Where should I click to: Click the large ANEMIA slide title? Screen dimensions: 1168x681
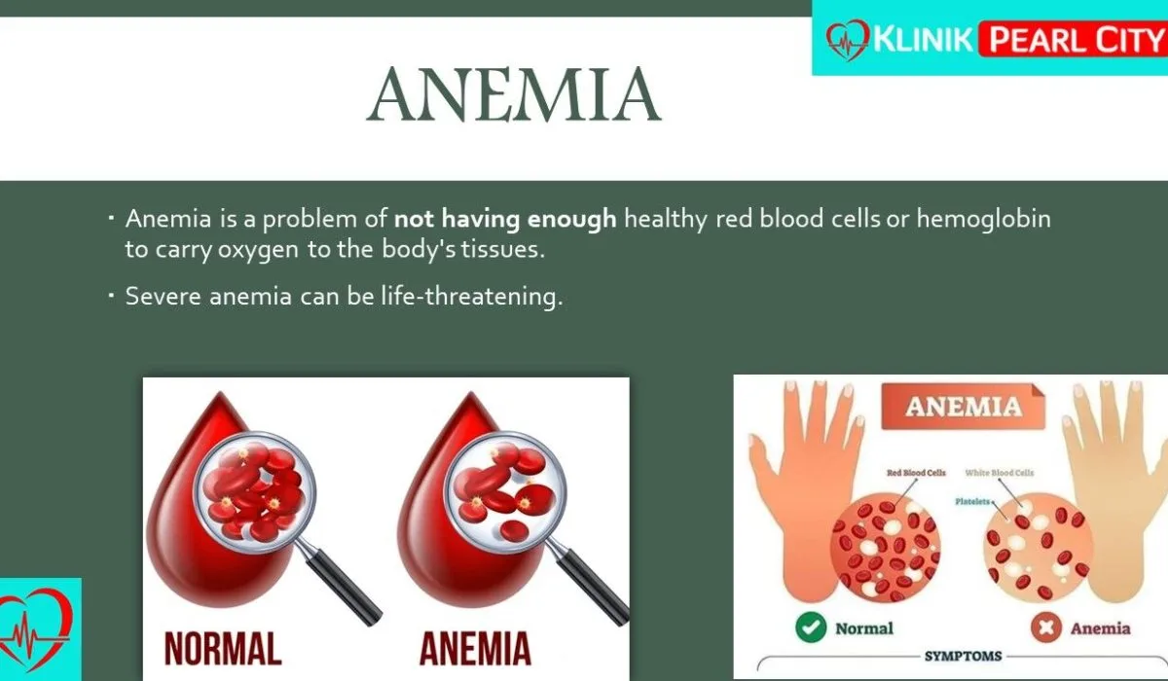click(x=514, y=94)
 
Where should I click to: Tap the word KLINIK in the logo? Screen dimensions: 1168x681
click(x=923, y=39)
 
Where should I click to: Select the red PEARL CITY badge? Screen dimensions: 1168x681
click(x=1073, y=39)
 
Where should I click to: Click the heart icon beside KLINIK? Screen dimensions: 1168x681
click(x=848, y=40)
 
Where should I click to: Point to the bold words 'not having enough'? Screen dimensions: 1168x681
click(x=505, y=218)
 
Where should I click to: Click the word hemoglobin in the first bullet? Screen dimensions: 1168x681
click(x=983, y=219)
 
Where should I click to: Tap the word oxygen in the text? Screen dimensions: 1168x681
click(x=258, y=251)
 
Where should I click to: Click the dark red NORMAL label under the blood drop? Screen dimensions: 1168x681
click(x=223, y=649)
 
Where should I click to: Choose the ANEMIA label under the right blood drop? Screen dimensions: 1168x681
click(x=475, y=649)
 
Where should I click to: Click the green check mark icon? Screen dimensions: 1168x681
click(x=811, y=627)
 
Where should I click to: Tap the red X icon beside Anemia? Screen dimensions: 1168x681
click(x=1046, y=627)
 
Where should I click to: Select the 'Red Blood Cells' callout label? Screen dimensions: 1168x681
click(x=916, y=473)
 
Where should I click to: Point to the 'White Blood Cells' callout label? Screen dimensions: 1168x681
click(x=999, y=473)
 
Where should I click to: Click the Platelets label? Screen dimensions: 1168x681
click(x=972, y=501)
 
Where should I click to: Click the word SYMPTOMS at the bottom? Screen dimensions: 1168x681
click(x=963, y=656)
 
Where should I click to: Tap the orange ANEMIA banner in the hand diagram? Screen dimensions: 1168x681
click(x=963, y=407)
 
